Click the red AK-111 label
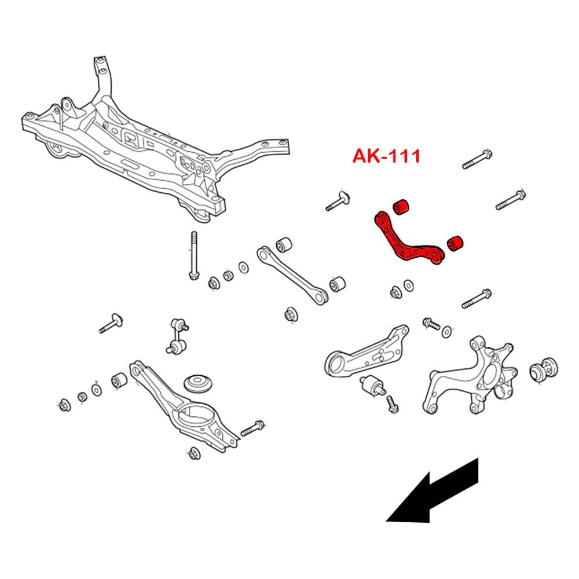click(x=386, y=156)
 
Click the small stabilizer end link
click(x=178, y=335)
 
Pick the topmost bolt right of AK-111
click(x=478, y=159)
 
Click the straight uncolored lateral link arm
click(x=292, y=274)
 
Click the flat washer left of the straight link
click(x=243, y=267)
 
